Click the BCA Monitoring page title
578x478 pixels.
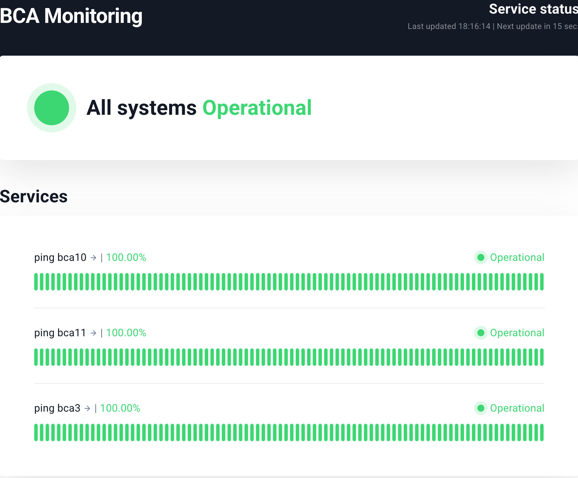71,16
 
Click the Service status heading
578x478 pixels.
533,9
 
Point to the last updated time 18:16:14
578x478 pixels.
474,26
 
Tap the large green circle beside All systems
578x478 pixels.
52,108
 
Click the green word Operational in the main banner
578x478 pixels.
257,108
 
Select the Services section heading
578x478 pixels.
34,197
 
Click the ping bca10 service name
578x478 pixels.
60,257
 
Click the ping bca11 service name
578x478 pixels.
60,333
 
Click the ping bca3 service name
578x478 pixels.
57,408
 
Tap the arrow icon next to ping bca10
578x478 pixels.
93,258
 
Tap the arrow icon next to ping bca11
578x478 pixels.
93,333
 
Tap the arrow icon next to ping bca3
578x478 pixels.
87,408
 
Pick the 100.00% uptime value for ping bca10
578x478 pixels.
126,257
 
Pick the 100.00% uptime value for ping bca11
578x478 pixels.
126,333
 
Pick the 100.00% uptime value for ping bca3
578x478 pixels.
120,408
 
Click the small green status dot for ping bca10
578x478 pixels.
481,257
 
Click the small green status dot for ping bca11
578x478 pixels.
481,333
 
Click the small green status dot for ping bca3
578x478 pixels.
481,408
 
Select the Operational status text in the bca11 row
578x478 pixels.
517,333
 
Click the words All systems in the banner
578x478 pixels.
142,108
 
